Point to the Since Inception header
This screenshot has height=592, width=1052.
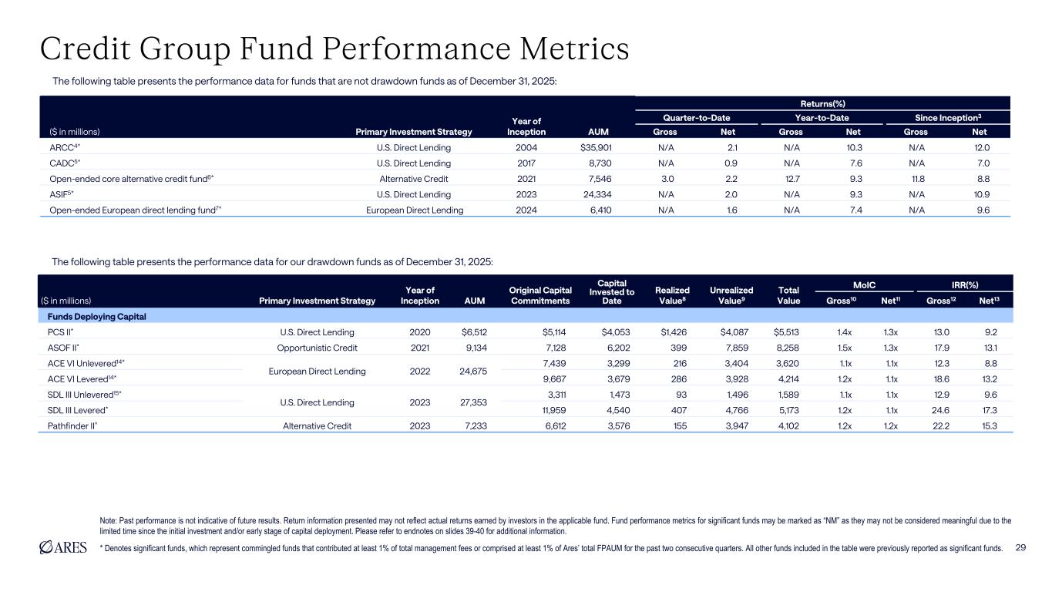[947, 117]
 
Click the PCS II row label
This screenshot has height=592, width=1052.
[55, 332]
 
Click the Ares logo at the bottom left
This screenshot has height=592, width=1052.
[64, 548]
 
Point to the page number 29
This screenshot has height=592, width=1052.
[1022, 548]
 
